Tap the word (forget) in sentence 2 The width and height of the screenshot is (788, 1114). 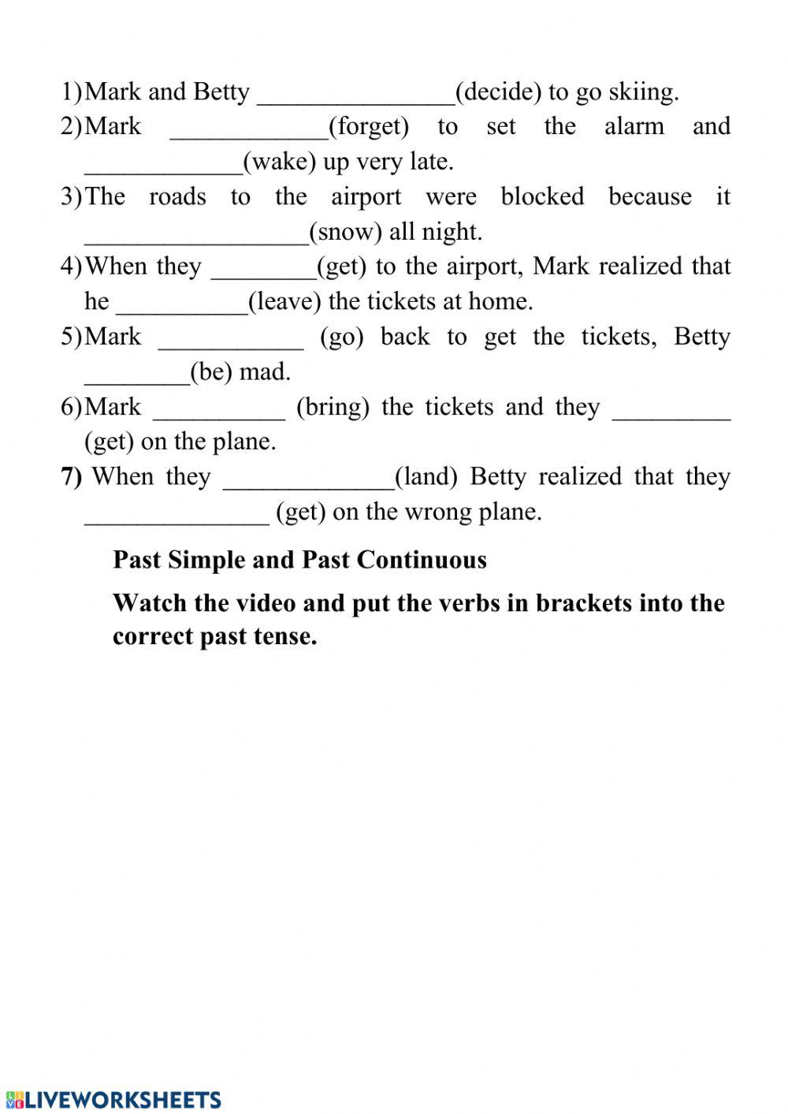tap(368, 126)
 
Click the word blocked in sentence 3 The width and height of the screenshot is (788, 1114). tap(542, 196)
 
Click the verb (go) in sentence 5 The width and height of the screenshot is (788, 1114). tap(341, 337)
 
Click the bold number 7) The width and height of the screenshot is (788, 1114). tap(71, 477)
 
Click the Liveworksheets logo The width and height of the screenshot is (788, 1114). tap(113, 1100)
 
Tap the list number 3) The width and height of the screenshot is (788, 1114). tap(71, 196)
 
